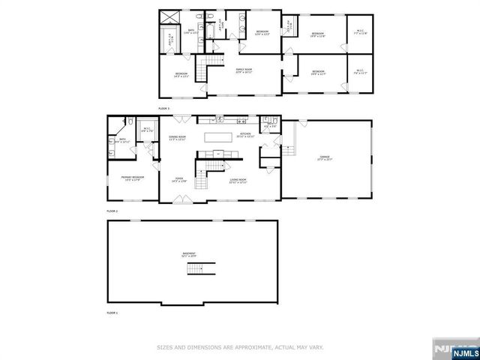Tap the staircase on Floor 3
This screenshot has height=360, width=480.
coord(201,72)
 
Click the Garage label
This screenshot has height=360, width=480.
coord(325,158)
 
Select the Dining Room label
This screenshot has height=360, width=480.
coord(177,138)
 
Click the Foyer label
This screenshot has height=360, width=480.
coord(178,180)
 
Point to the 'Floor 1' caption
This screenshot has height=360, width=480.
coord(112,311)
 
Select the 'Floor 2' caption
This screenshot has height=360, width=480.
coord(112,211)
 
